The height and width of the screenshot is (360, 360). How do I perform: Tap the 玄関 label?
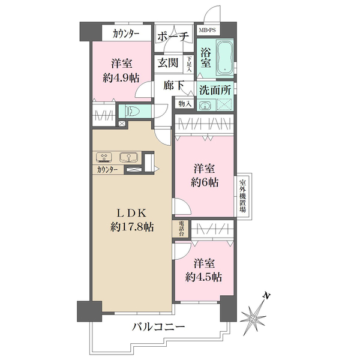pyautogui.click(x=168, y=62)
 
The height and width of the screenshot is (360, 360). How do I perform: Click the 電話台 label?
pyautogui.click(x=181, y=228)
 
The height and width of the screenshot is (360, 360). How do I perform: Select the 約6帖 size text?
pyautogui.click(x=205, y=181)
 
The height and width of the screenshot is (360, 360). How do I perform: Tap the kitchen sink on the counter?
pyautogui.click(x=128, y=158)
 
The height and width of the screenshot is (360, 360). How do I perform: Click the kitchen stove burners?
pyautogui.click(x=104, y=158)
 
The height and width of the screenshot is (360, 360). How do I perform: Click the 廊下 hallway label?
pyautogui.click(x=173, y=86)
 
